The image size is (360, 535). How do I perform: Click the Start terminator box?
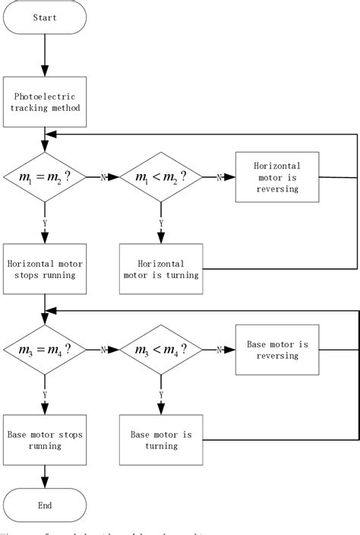45,17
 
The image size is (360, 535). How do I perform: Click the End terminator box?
45,505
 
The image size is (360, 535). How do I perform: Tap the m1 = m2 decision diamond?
45,177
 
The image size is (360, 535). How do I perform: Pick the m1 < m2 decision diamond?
161,177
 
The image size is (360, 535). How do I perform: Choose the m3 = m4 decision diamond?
45,350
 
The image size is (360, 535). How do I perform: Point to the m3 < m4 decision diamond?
161,350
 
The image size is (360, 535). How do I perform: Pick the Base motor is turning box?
161,440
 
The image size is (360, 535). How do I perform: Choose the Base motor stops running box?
45,440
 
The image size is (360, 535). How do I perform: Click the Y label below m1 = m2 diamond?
45,223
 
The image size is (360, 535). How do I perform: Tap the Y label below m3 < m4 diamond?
161,395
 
